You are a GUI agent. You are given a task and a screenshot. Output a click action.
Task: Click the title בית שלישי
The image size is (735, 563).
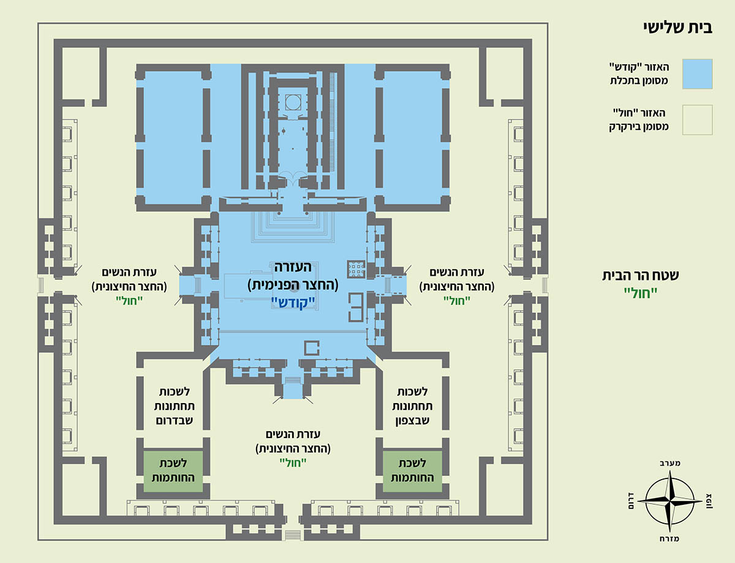pos(680,27)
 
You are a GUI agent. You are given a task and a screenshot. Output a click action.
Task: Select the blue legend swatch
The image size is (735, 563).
pos(696,74)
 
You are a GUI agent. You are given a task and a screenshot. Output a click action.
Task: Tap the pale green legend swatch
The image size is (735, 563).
pos(696,119)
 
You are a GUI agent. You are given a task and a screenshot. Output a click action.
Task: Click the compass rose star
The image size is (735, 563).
pos(672,500)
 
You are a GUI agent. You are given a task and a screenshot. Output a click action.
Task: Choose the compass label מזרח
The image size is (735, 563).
pos(672,538)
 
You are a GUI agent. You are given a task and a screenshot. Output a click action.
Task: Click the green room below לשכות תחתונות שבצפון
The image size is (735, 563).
pos(412,472)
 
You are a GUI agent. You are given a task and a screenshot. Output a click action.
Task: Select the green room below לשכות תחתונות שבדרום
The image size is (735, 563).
pos(173,472)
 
